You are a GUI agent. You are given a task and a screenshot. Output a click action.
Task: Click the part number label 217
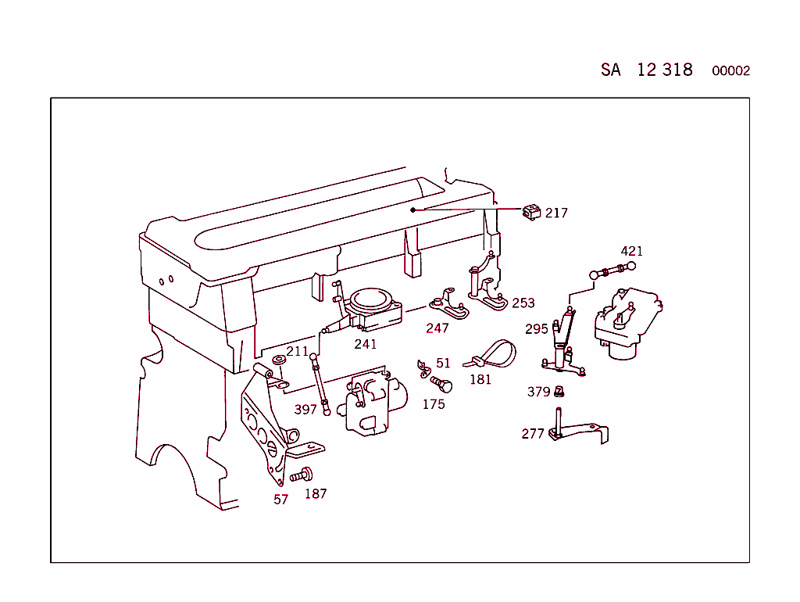click(x=556, y=213)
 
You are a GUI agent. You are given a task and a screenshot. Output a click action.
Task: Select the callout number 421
click(x=631, y=251)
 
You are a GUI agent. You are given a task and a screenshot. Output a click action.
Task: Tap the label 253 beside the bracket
click(x=523, y=303)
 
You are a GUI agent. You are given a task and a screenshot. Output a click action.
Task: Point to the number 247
click(x=437, y=328)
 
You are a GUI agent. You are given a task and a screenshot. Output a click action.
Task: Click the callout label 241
click(x=365, y=344)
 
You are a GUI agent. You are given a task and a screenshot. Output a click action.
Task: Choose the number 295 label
click(x=537, y=329)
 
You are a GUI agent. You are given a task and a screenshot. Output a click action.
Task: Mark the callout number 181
click(x=480, y=379)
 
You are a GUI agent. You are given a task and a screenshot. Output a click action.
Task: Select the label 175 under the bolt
click(x=434, y=404)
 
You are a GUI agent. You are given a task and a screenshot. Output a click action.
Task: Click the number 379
click(x=538, y=392)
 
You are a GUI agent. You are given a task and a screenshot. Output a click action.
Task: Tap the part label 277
click(x=533, y=433)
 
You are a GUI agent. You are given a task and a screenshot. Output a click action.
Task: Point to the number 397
click(x=305, y=409)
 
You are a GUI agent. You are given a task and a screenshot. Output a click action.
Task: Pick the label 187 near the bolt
click(x=316, y=493)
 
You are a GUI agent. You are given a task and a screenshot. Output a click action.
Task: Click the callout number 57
click(x=280, y=500)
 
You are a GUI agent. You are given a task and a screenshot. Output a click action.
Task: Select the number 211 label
click(x=297, y=351)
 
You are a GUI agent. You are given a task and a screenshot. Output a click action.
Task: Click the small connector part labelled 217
click(x=532, y=212)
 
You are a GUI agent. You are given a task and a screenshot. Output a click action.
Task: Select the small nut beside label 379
click(x=559, y=392)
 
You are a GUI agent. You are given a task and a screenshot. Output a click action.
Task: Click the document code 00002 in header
click(x=730, y=70)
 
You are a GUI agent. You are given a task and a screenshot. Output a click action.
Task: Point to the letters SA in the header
click(x=610, y=70)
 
